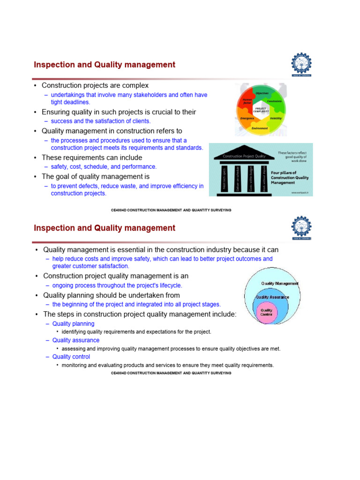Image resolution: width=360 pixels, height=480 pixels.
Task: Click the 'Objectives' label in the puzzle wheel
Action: click(x=262, y=93)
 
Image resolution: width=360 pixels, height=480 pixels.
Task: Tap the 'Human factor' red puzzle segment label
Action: click(x=247, y=101)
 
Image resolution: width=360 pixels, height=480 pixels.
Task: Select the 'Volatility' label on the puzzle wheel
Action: click(x=276, y=119)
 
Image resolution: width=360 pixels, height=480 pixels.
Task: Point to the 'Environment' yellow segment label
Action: click(x=260, y=128)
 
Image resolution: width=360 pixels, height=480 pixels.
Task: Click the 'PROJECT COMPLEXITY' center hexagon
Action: click(x=261, y=110)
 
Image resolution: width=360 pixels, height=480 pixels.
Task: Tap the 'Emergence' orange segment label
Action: click(x=247, y=119)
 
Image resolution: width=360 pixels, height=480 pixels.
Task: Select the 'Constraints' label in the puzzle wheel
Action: click(x=275, y=101)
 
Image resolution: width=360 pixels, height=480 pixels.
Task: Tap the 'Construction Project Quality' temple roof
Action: click(x=244, y=156)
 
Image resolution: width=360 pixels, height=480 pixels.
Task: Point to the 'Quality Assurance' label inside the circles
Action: click(x=272, y=297)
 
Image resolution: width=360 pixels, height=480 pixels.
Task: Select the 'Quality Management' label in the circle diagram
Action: click(x=279, y=283)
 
